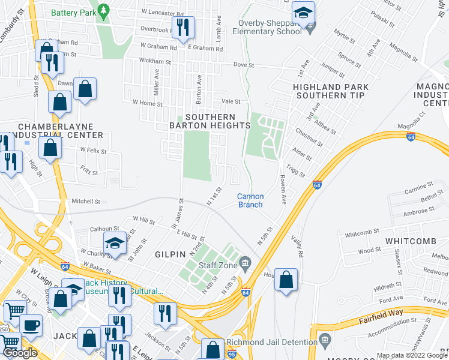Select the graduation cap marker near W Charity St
point(114,243)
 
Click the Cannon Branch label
point(250,200)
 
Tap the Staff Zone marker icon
point(245,262)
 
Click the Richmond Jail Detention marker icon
point(325,340)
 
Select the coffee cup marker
point(31,325)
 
